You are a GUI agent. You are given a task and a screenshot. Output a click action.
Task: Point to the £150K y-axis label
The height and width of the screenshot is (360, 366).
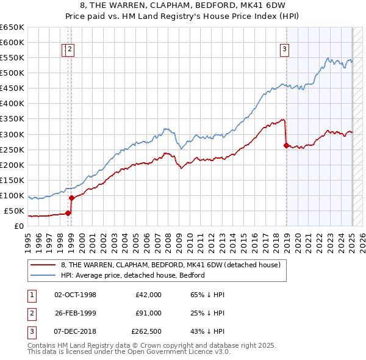click(12, 180)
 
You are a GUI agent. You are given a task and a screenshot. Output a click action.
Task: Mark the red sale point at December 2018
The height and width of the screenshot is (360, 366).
click(286, 145)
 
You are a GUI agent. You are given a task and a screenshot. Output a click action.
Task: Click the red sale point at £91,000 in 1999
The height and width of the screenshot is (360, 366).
click(71, 198)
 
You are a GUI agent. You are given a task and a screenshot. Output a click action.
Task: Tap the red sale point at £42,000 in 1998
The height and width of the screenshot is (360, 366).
click(68, 213)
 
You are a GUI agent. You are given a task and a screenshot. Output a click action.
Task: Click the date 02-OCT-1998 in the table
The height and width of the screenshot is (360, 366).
click(76, 295)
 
